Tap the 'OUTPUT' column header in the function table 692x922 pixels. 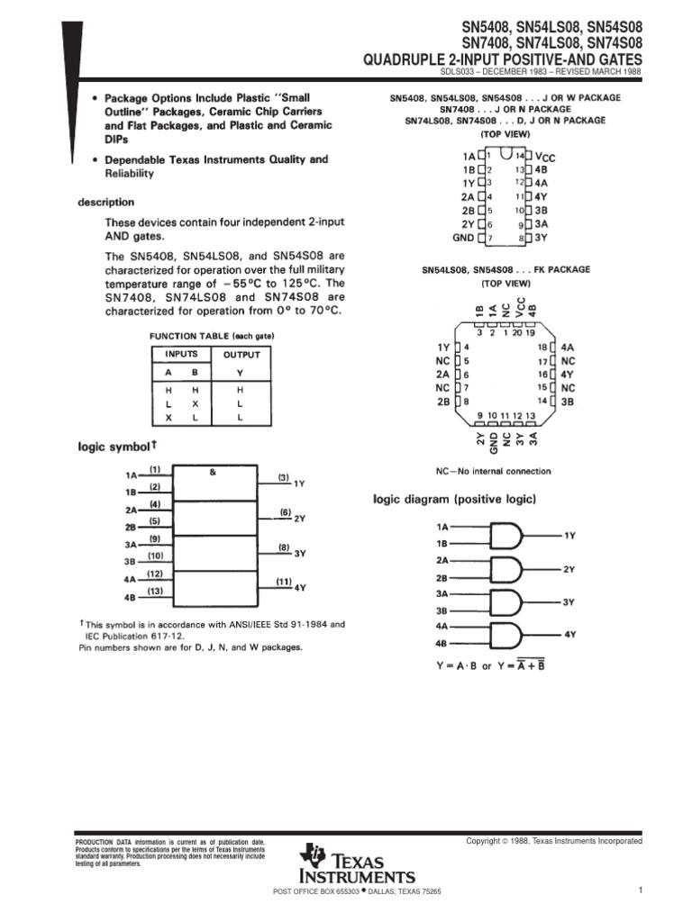(241, 355)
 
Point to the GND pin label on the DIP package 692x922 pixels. (462, 238)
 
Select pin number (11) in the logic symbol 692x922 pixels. (283, 582)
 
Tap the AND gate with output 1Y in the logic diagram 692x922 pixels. (508, 537)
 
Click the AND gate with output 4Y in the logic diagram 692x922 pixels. (508, 634)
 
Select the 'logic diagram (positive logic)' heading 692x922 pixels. (455, 499)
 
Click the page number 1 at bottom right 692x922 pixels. (638, 890)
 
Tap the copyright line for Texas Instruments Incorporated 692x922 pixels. (553, 840)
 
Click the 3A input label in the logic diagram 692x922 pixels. (442, 594)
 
